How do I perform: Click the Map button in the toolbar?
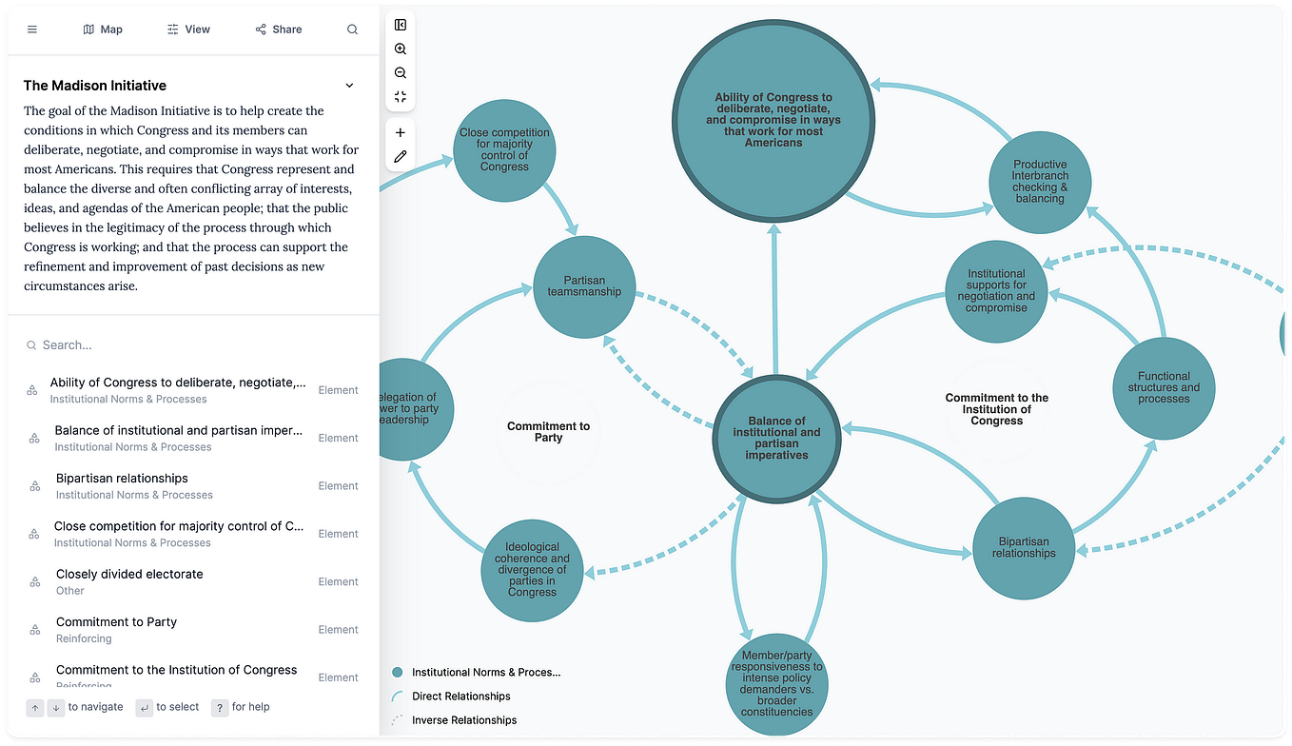tap(103, 29)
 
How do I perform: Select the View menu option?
tap(188, 29)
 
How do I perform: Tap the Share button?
tap(279, 29)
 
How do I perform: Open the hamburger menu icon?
tap(31, 29)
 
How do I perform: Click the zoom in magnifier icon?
tap(401, 49)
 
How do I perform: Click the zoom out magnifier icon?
tap(401, 73)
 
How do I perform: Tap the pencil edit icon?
tap(401, 157)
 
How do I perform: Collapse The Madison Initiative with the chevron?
tap(349, 86)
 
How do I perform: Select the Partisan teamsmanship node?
tap(584, 286)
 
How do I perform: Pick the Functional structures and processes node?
tap(1164, 387)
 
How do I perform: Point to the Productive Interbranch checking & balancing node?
tap(1040, 182)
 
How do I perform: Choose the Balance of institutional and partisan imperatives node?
tap(776, 439)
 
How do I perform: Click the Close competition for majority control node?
tap(504, 150)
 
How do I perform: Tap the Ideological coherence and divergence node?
tap(532, 570)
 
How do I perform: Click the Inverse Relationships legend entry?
tap(464, 720)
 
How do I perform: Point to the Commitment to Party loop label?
tap(548, 432)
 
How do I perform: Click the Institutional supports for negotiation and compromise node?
tap(996, 291)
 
